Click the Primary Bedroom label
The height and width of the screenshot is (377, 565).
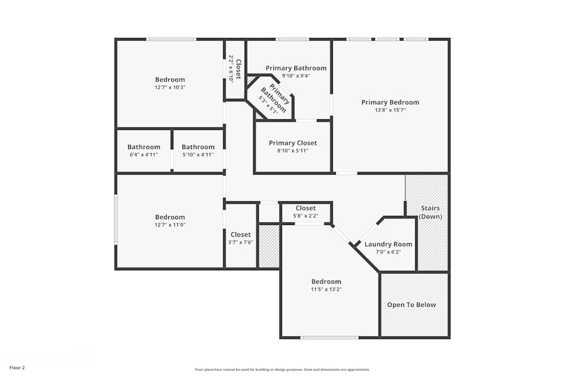[x=390, y=102]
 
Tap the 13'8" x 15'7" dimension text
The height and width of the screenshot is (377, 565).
[x=390, y=110]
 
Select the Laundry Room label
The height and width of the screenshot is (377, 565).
[x=388, y=244]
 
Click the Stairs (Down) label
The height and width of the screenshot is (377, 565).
[x=431, y=213]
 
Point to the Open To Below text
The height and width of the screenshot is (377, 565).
[x=411, y=305]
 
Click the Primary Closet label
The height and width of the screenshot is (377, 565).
[x=293, y=143]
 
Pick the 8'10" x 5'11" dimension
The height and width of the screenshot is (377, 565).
[x=293, y=151]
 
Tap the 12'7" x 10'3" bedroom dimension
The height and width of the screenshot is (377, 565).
[x=170, y=88]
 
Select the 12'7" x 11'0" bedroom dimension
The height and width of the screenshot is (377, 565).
[x=170, y=225]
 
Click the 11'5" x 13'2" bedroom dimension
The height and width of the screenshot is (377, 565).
[x=327, y=289]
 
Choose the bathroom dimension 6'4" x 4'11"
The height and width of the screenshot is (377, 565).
[x=144, y=155]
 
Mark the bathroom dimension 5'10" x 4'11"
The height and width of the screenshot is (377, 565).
[x=198, y=155]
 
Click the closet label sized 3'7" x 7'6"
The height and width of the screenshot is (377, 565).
[x=241, y=235]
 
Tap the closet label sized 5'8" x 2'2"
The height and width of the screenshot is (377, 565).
[x=306, y=209]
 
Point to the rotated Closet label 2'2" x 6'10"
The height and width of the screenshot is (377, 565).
[x=238, y=68]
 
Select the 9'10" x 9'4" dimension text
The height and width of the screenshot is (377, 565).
[x=296, y=76]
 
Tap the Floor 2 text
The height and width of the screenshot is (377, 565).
[x=17, y=367]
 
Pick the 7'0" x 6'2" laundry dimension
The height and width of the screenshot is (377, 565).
[x=388, y=252]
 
